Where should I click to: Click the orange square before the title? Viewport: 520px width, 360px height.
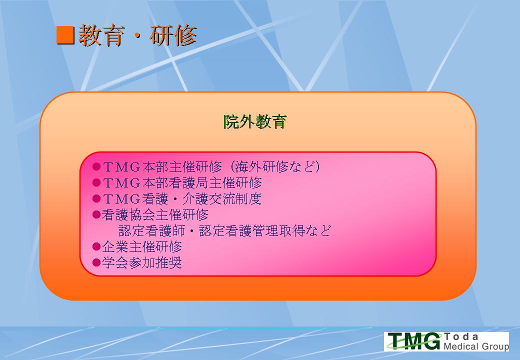(65, 35)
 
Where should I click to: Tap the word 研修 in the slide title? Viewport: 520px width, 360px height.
(173, 35)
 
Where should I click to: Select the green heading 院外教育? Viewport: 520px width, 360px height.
(254, 121)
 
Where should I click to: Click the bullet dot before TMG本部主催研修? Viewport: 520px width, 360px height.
(96, 166)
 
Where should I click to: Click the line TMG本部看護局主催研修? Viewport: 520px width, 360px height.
(182, 182)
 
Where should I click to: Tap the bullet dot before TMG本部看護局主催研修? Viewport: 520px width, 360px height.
(96, 182)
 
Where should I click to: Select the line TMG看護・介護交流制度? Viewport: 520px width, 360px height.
(182, 199)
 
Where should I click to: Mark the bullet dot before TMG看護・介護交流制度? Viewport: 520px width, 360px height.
(96, 199)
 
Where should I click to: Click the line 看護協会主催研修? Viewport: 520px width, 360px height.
(155, 215)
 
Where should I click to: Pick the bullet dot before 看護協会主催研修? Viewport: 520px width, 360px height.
(96, 214)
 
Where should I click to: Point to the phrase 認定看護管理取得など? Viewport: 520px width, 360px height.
(265, 230)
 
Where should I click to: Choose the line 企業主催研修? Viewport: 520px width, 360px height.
(142, 246)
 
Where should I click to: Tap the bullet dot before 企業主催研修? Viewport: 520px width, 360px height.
(96, 246)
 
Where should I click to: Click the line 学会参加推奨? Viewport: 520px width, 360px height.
(142, 263)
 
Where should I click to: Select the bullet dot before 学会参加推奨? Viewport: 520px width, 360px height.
(96, 263)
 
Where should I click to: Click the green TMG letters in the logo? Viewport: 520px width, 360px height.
(414, 341)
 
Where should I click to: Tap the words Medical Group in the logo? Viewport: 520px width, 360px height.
(476, 346)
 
